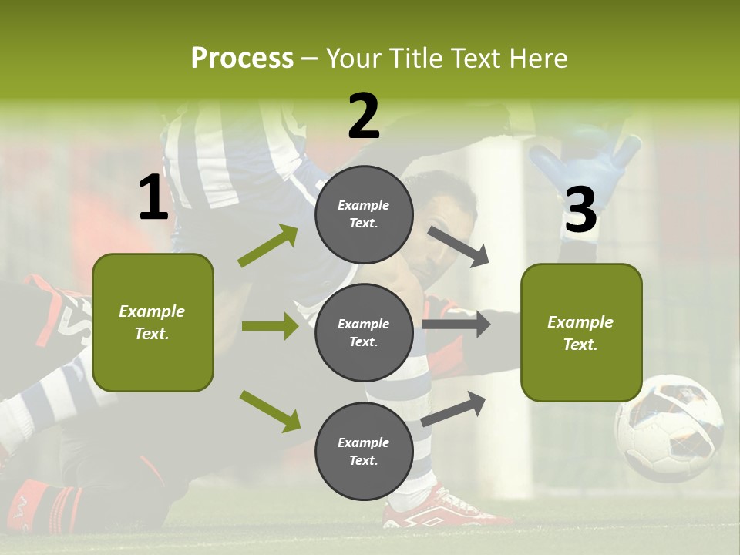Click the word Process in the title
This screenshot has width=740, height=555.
[x=242, y=58]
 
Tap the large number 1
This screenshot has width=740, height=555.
[x=153, y=198]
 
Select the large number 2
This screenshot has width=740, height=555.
[x=364, y=116]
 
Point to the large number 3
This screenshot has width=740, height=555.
[x=580, y=210]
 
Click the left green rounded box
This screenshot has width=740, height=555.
[x=153, y=322]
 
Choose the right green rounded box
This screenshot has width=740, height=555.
[x=581, y=332]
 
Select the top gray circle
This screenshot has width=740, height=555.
[x=364, y=214]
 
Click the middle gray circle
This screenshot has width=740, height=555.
[x=364, y=332]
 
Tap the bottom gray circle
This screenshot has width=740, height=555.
[x=364, y=451]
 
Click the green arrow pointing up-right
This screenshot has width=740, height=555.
[x=268, y=246]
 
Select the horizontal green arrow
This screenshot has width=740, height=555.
[x=270, y=326]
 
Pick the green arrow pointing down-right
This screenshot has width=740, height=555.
[x=270, y=410]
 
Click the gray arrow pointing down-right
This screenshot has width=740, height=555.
[x=459, y=246]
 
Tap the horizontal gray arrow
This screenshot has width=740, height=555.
[x=456, y=325]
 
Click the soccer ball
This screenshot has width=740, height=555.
[x=668, y=428]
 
